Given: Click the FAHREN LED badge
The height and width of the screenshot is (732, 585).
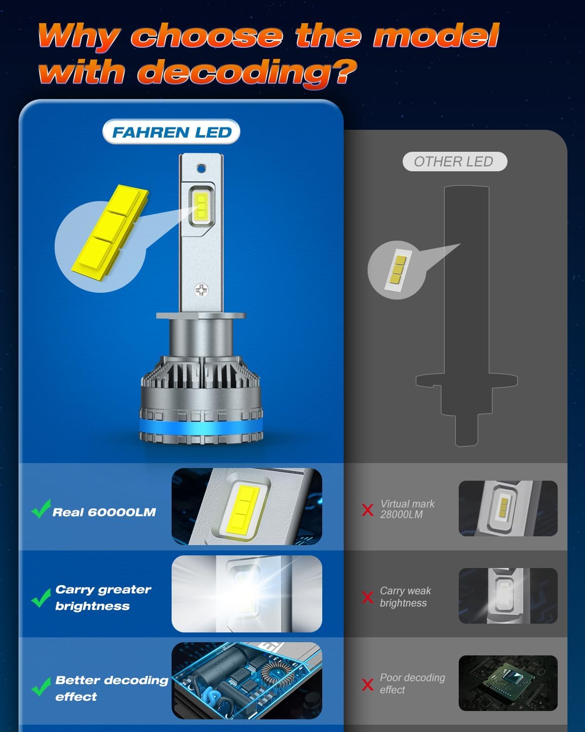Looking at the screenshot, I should (x=172, y=132).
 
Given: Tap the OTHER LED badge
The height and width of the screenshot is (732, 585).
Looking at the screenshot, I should (x=454, y=162).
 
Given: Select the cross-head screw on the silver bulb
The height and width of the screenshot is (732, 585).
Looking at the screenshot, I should (x=201, y=290).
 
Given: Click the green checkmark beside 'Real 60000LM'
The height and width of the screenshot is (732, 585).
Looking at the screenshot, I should (x=41, y=508).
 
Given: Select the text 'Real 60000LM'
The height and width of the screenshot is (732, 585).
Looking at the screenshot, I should (x=104, y=512).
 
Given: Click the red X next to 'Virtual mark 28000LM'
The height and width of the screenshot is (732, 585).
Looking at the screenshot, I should (x=368, y=510).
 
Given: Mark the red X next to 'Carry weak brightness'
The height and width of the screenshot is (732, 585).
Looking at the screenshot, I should (x=368, y=597).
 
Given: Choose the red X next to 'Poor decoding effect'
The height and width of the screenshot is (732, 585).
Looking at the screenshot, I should (x=368, y=684).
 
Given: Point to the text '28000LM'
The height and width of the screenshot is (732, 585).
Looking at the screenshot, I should (x=401, y=515).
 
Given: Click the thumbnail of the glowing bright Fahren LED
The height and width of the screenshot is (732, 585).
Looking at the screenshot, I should (x=247, y=593).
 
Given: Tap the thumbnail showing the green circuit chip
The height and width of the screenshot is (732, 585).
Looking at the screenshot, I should (x=508, y=683).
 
